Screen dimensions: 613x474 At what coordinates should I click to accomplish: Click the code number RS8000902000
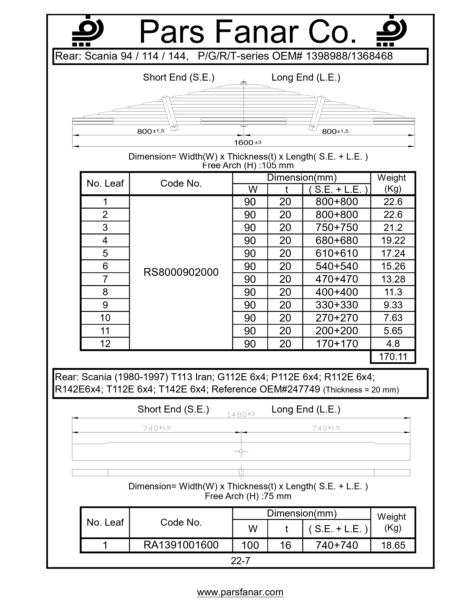pos(181,272)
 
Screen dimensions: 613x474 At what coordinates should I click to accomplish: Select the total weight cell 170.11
pos(393,357)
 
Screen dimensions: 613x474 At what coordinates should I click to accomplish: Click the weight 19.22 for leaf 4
pos(393,241)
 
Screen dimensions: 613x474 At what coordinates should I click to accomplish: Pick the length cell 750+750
pos(336,228)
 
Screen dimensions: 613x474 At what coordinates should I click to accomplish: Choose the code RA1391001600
pos(181,545)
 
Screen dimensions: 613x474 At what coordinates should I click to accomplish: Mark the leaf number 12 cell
pos(105,344)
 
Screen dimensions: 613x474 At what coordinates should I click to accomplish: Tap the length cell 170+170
pos(336,344)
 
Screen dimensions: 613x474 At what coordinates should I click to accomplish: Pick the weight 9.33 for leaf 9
pos(393,305)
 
